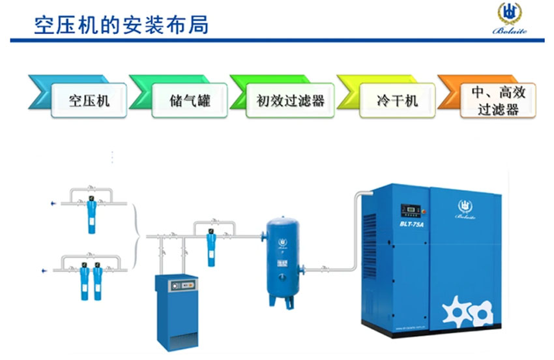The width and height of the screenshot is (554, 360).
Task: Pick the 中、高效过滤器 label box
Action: point(497,101)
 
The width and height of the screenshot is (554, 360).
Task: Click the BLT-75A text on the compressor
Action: point(413,226)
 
